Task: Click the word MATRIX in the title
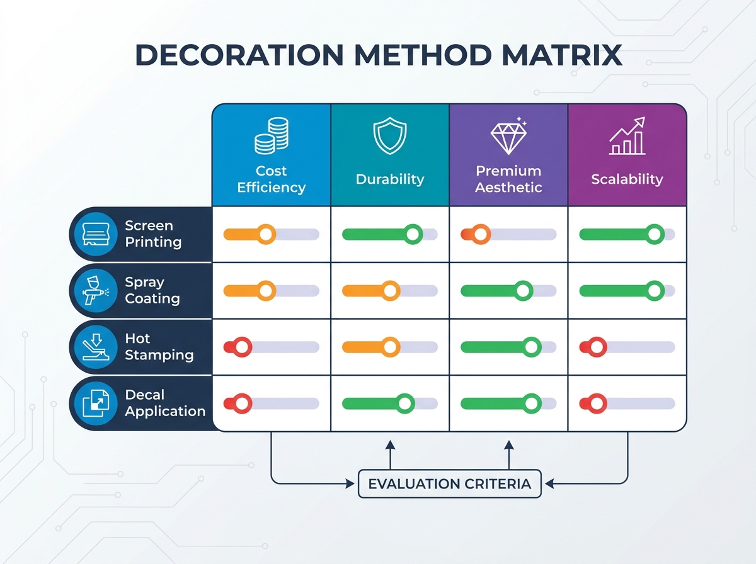562,55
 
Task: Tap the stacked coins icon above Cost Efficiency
272,135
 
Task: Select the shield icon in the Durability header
390,135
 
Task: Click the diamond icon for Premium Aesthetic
508,136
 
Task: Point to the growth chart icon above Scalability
627,135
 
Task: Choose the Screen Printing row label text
153,234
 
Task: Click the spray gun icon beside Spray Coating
96,291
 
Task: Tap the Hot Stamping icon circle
96,347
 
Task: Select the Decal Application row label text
165,403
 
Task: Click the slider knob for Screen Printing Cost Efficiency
266,234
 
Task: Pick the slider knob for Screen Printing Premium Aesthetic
481,234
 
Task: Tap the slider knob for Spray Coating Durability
390,291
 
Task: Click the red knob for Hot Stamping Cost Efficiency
242,347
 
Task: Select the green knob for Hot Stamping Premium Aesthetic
532,347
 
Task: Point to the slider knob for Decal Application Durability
404,403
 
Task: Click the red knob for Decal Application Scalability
597,403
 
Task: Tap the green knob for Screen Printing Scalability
655,234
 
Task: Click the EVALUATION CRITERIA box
449,484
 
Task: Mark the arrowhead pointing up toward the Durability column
390,444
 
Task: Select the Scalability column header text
627,179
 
